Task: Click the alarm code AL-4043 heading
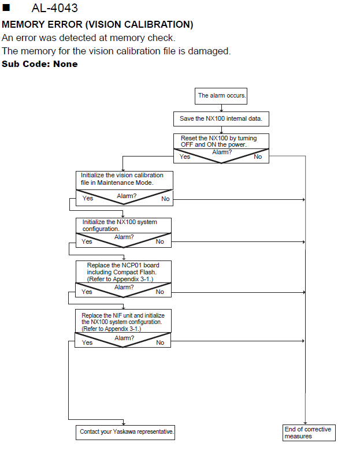click(55, 8)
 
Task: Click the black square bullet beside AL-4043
click(6, 8)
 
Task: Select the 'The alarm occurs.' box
click(221, 96)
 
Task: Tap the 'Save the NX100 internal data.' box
click(221, 119)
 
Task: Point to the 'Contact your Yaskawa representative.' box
click(125, 433)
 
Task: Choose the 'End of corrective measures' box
click(309, 433)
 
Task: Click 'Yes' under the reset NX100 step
click(185, 157)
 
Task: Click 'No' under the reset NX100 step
click(258, 157)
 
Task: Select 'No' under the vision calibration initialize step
click(165, 199)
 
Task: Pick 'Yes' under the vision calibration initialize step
click(88, 198)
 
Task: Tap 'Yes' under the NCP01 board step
click(87, 292)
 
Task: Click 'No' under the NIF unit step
click(160, 342)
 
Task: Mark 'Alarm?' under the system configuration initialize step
click(124, 237)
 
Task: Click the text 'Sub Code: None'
click(40, 64)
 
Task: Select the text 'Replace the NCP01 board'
click(123, 265)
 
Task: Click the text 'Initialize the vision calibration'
click(122, 175)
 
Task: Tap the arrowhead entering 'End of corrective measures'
click(305, 423)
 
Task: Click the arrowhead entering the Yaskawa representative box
click(124, 423)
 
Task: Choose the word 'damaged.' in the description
click(209, 51)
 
